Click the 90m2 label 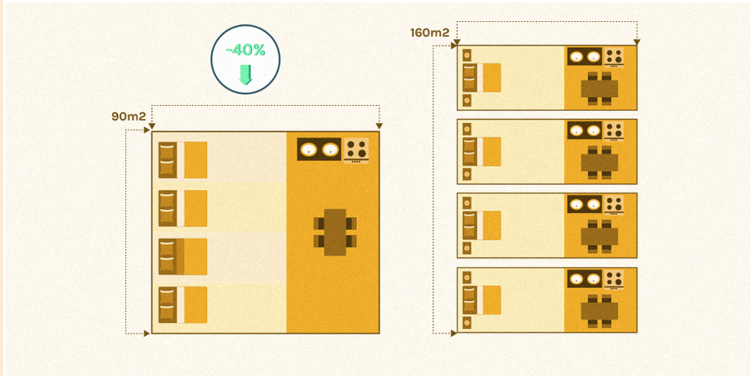pos(128,116)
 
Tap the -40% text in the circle pos(246,50)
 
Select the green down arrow pos(246,75)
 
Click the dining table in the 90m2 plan pos(335,232)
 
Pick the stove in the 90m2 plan pos(356,149)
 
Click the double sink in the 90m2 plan pos(319,149)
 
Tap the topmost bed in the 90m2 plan pos(183,159)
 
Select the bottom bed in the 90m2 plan pos(183,304)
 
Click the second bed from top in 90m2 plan pos(183,208)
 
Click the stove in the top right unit pos(615,57)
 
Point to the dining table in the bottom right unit pos(600,310)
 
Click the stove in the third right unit pos(615,204)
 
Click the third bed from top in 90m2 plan pos(183,256)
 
